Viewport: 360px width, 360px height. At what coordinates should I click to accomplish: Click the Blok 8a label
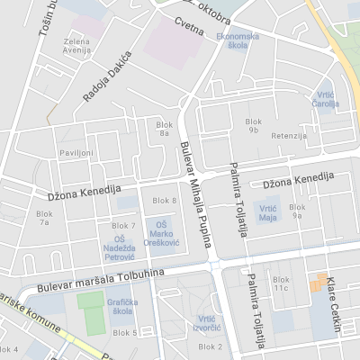(x=163, y=128)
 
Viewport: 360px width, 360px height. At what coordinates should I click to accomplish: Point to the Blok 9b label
(x=252, y=125)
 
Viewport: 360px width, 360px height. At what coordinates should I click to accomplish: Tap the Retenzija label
(x=289, y=135)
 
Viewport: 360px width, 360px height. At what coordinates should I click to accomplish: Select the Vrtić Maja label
(x=267, y=212)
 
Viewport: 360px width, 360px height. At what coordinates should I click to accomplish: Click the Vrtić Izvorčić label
(x=206, y=323)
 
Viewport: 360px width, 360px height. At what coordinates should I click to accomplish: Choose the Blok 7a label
(x=43, y=219)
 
